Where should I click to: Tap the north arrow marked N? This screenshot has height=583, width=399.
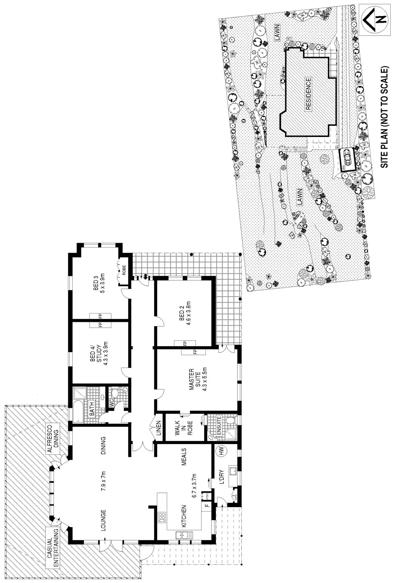point(374,19)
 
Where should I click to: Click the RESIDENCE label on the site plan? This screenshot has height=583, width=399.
point(308,94)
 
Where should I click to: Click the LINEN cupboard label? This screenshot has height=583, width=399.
point(158,428)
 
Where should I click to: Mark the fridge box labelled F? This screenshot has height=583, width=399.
point(207,506)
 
